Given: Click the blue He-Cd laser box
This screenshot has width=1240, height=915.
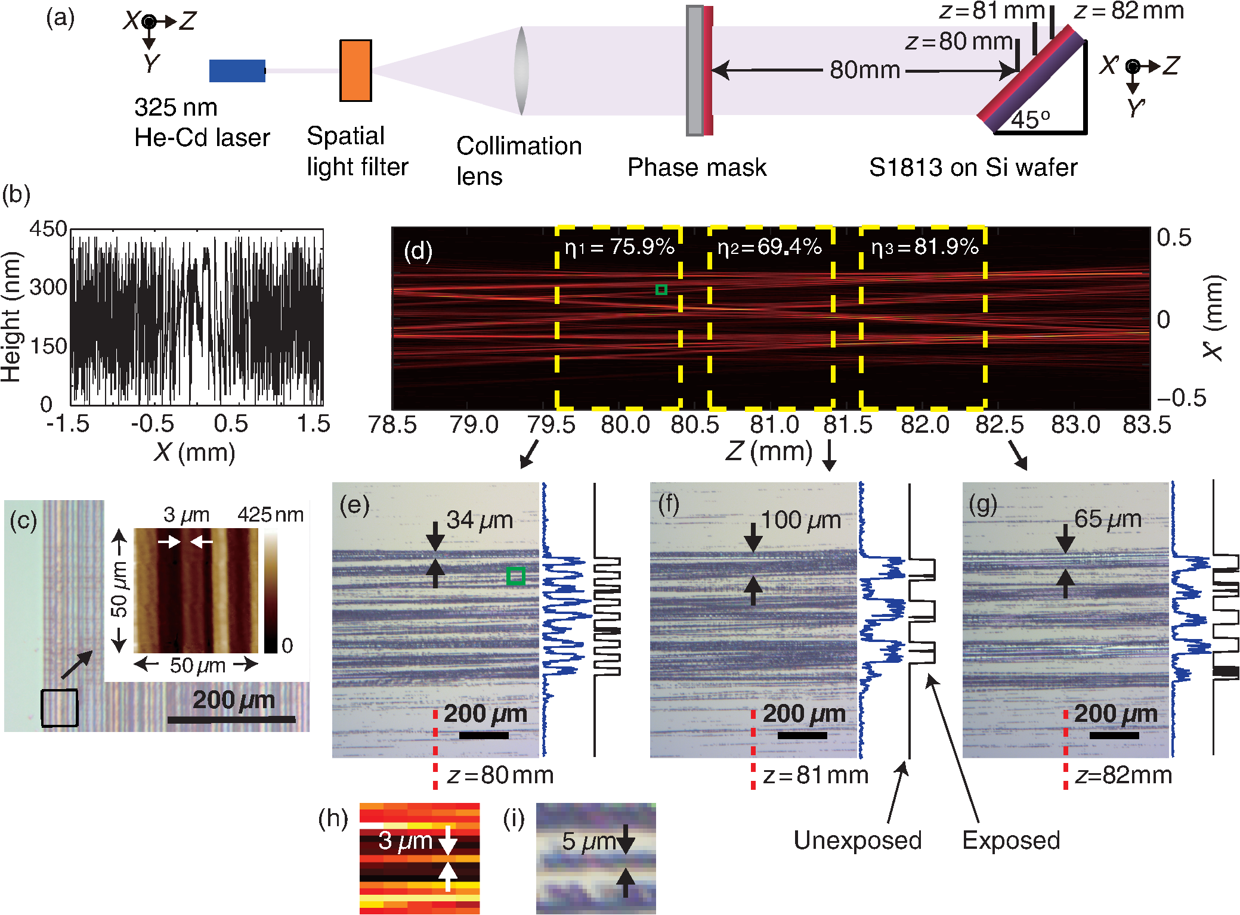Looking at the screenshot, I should tap(237, 70).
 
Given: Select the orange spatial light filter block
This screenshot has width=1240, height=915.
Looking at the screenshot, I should tap(355, 70).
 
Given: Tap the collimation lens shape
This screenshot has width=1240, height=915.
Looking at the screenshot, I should tap(521, 70).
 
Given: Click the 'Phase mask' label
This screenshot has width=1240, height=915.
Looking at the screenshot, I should tap(697, 168).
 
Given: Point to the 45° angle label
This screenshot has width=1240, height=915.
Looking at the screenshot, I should tap(1030, 120).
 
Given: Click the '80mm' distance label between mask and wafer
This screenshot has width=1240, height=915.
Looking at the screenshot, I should tap(864, 70).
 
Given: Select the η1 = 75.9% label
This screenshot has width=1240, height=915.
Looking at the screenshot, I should tap(619, 247).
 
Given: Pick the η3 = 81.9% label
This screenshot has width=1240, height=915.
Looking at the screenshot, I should tap(924, 247).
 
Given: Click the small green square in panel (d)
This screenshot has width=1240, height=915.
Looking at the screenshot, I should tap(661, 290).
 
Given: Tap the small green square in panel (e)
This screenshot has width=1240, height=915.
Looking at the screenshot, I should tap(515, 576).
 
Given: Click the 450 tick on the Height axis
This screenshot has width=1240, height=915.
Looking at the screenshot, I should tap(48, 229).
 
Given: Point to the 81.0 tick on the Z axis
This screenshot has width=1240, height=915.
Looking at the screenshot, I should tap(774, 424).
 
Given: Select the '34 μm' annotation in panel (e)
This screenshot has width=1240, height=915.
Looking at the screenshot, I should tap(480, 520).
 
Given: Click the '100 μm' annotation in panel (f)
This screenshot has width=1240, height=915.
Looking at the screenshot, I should tap(800, 520).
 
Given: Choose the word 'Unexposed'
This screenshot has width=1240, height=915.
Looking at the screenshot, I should tap(857, 840).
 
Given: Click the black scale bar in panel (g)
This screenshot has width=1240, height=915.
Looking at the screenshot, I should tap(1114, 735).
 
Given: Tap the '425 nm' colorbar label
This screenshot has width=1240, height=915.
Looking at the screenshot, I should tap(270, 514).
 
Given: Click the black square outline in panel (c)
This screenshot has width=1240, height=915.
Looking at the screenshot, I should tap(59, 708).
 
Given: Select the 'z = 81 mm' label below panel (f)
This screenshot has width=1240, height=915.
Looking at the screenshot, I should tap(815, 775).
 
